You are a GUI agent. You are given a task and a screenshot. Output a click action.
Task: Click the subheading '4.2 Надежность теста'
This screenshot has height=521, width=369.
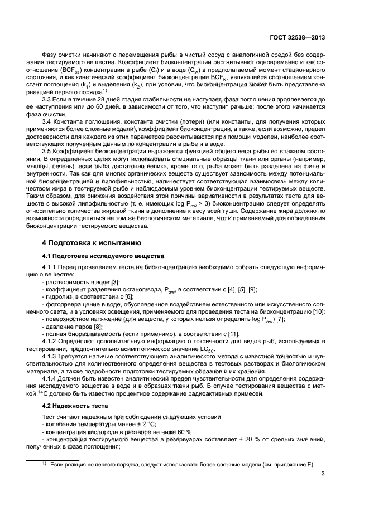[72, 406]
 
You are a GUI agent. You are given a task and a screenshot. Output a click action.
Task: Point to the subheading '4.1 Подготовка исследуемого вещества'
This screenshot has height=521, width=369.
[103, 256]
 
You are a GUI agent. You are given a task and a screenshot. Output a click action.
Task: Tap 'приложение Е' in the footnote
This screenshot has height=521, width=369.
[291, 464]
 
